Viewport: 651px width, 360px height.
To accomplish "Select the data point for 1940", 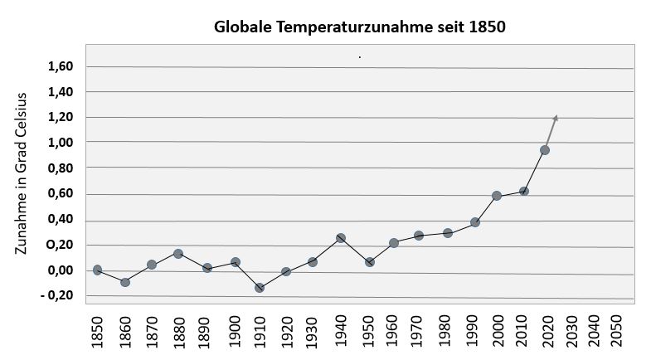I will (x=341, y=238).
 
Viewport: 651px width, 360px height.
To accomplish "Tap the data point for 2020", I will (x=545, y=150).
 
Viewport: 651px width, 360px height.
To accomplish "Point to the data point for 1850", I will (x=97, y=270).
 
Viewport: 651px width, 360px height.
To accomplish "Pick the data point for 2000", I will (x=497, y=196).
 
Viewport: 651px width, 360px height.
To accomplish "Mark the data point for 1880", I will (x=178, y=253).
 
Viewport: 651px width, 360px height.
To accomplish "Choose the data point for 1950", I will (x=370, y=262).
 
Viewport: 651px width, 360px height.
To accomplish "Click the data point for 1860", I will (x=125, y=282).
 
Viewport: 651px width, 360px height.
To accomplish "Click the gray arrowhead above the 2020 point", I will (x=555, y=118).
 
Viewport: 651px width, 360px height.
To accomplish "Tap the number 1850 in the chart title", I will (x=486, y=27).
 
